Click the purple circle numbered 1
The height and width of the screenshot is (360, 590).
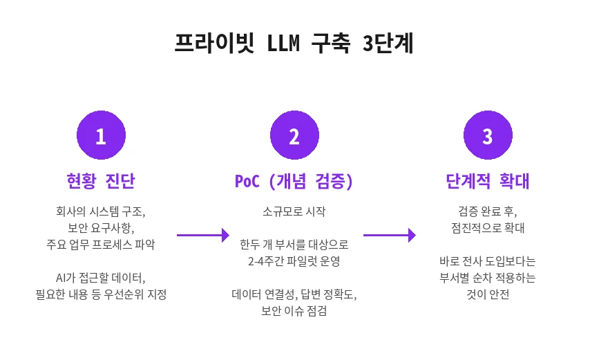coord(101,136)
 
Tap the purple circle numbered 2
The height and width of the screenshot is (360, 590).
coord(294,136)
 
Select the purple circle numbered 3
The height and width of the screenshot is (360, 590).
coord(488,136)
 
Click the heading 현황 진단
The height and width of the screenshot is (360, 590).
coord(101,182)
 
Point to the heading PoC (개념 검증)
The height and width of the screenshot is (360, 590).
coord(294,182)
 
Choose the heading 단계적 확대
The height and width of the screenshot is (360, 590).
coord(488,182)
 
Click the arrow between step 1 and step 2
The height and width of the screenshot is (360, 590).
coord(202,236)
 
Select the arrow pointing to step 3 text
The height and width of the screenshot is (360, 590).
coord(389,236)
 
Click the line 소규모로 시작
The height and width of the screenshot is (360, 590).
coord(294,211)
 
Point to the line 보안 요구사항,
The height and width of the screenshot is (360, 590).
coord(101,227)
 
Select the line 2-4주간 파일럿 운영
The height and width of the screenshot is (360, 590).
coord(294,261)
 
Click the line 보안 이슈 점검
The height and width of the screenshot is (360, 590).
coord(294,312)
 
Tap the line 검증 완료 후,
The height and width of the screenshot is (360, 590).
coord(488,211)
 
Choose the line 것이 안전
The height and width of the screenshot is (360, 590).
coord(488,295)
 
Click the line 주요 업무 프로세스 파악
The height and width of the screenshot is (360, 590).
coord(101,244)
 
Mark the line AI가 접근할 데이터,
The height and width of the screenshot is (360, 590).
coord(101,278)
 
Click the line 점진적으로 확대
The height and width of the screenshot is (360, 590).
coord(488,227)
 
